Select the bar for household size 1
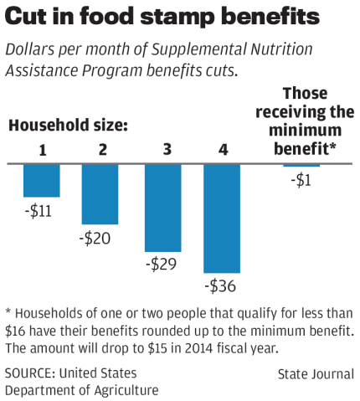coord(41,180)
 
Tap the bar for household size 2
coord(100,193)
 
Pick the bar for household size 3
coord(163,208)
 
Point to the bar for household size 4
coord(222,218)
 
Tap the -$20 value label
coord(98,239)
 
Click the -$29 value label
coord(161,265)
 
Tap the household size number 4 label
coord(222,150)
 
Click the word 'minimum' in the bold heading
coord(305,131)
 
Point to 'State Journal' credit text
coord(316,374)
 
